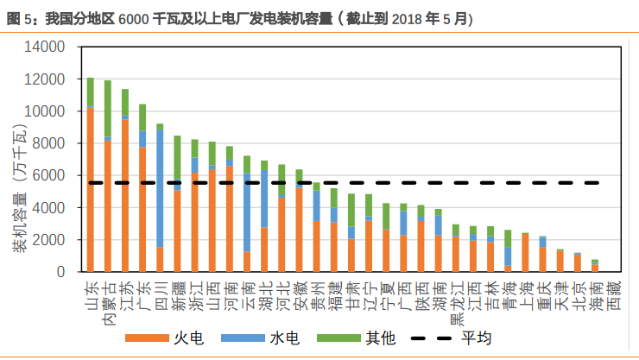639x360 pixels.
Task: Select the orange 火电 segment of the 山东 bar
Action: coord(91,190)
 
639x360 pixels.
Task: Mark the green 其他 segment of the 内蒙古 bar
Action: coord(108,109)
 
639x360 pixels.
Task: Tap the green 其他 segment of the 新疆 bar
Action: coord(177,159)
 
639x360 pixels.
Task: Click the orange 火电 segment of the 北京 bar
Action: coord(577,263)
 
